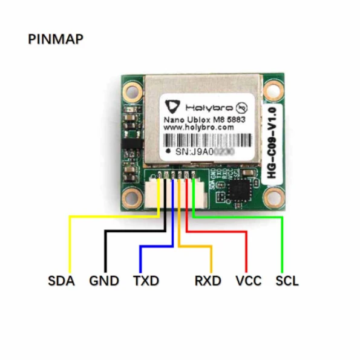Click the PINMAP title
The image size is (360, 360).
coord(56,39)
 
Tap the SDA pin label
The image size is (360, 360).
coord(61,281)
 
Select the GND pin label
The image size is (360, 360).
coord(104,281)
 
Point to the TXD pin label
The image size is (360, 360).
coord(146,281)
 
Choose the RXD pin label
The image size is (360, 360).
coord(208,281)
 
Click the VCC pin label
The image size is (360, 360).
coord(248,281)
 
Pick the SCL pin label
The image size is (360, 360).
coord(287,281)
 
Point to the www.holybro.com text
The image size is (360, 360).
coord(199,128)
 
